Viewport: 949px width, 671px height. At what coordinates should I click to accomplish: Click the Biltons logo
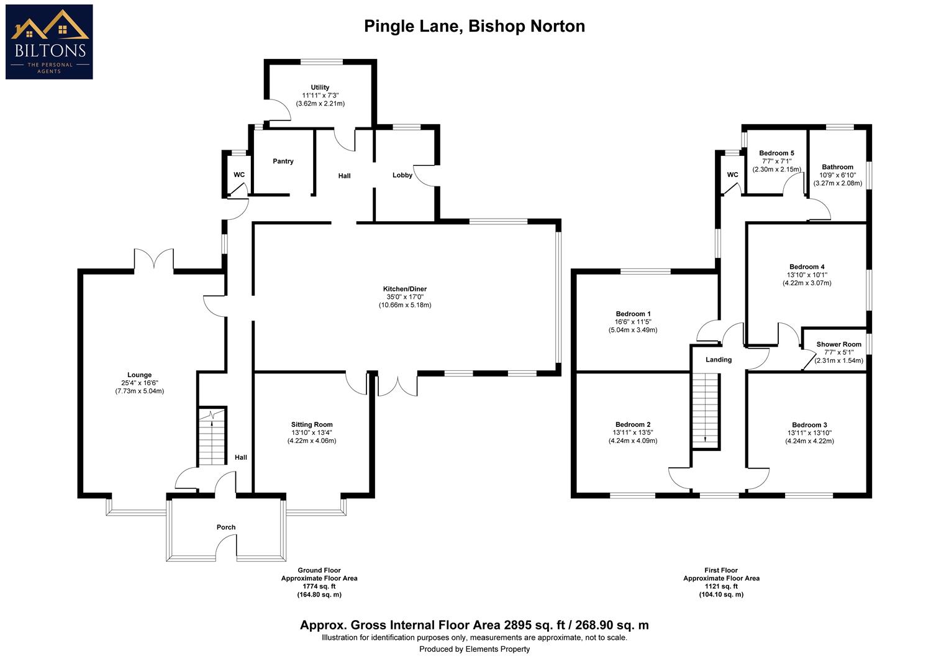(x=49, y=42)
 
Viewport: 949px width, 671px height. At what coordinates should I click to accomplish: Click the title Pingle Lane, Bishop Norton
(x=474, y=26)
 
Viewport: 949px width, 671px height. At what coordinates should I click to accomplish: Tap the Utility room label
(x=320, y=88)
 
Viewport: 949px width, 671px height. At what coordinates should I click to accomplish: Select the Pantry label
(x=283, y=162)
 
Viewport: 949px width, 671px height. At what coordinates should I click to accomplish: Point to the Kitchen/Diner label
(x=404, y=289)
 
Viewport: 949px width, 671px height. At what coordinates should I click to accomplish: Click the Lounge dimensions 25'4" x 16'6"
(x=139, y=383)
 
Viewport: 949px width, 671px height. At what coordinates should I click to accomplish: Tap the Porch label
(x=226, y=527)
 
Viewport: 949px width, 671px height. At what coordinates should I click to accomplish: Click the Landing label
(x=719, y=360)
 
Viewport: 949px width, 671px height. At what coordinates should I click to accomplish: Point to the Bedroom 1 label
(x=633, y=314)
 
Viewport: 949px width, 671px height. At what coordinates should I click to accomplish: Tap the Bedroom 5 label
(x=776, y=153)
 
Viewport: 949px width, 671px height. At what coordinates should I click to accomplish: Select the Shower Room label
(x=838, y=345)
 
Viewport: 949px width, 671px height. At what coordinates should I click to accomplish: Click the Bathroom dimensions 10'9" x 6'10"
(x=838, y=175)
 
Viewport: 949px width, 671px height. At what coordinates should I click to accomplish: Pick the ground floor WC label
(x=239, y=175)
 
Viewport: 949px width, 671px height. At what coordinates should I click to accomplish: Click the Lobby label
(x=402, y=175)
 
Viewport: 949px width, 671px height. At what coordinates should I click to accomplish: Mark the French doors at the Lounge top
(x=153, y=260)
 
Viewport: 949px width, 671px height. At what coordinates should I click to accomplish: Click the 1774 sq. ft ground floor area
(x=319, y=587)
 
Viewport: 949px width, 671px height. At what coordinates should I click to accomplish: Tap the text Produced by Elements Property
(x=474, y=649)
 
